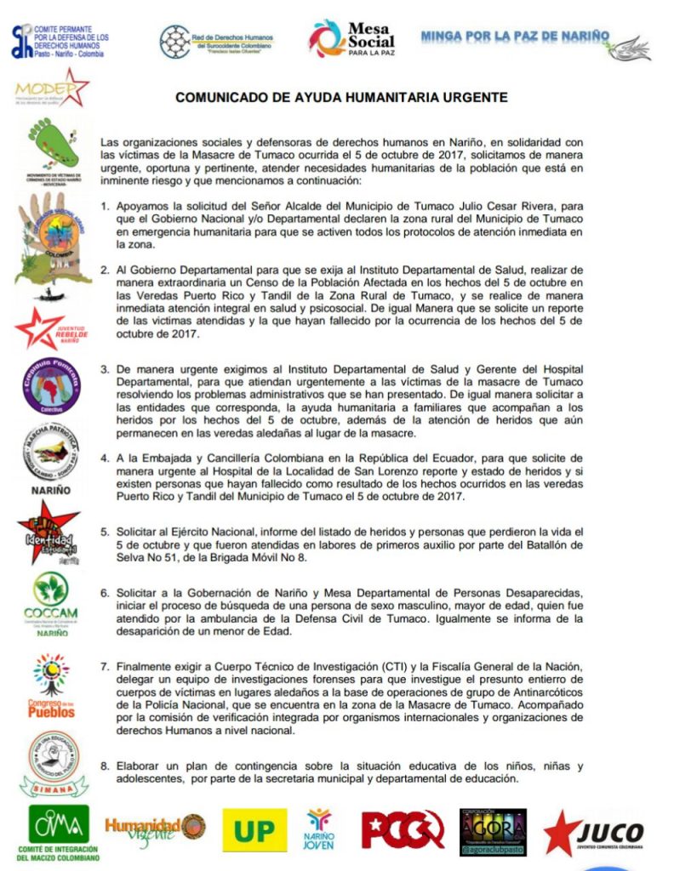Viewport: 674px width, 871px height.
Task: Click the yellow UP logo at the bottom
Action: point(254,829)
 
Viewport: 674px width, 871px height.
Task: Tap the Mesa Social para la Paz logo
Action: point(351,38)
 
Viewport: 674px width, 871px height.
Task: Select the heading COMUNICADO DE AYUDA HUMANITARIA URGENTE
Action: point(341,97)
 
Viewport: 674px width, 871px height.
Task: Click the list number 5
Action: point(106,532)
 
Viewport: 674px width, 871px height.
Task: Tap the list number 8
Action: point(106,766)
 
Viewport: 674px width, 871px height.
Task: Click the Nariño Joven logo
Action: point(320,828)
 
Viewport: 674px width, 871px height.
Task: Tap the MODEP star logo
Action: point(52,88)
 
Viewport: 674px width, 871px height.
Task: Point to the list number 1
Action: point(106,207)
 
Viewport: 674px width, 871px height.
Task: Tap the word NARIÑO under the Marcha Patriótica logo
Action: point(51,490)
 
